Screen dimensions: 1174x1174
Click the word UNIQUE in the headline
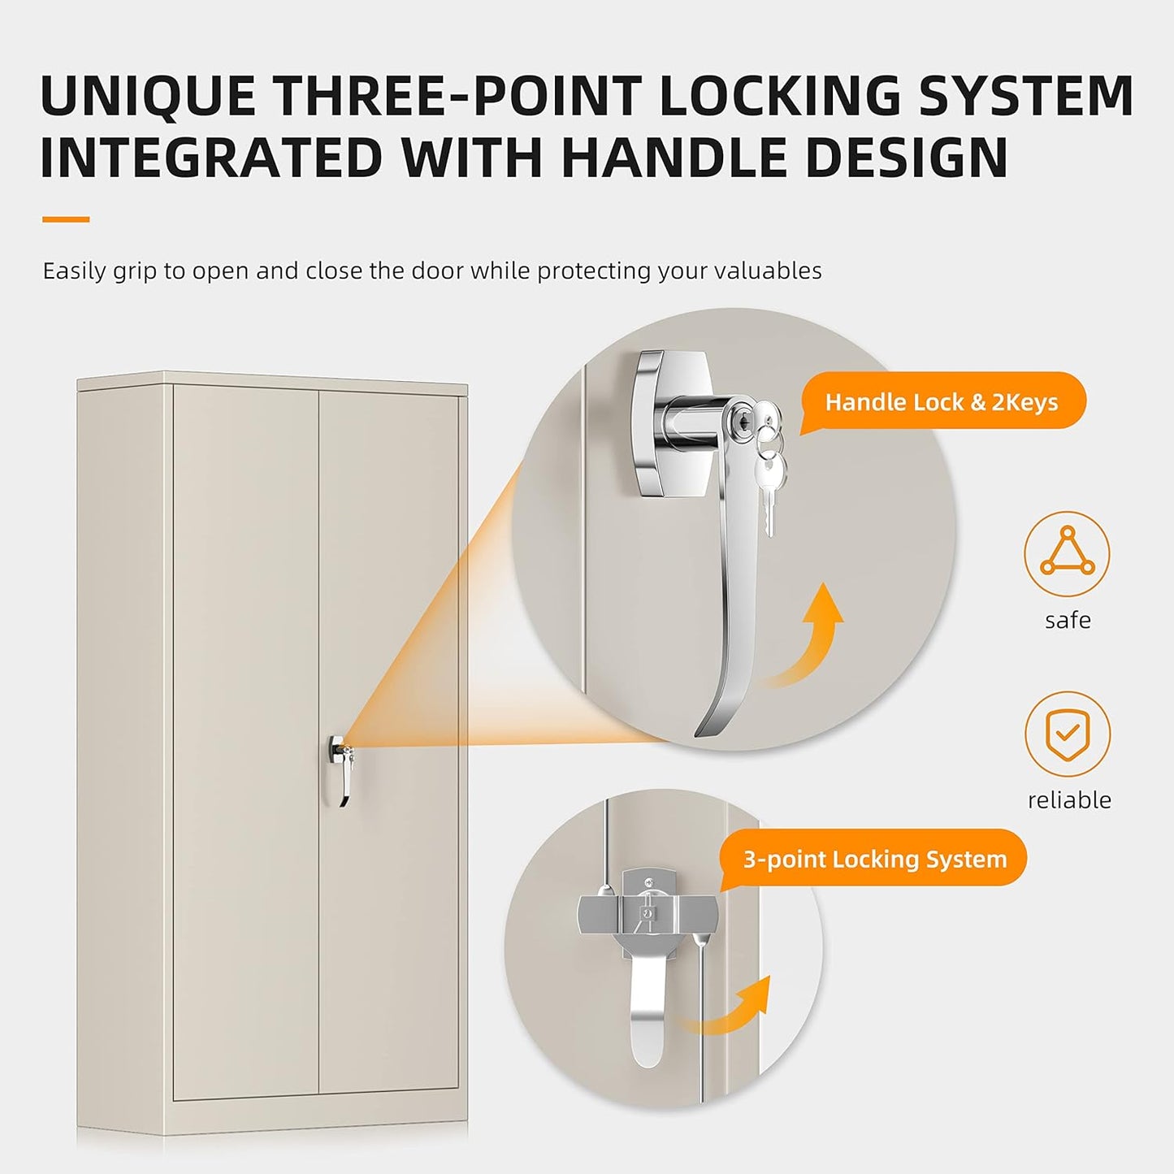pyautogui.click(x=148, y=97)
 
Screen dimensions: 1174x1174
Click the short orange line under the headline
pyautogui.click(x=66, y=219)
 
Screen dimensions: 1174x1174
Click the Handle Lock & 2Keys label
pyautogui.click(x=942, y=402)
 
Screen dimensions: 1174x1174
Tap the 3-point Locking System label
pyautogui.click(x=874, y=859)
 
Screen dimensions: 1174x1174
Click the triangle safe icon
pyautogui.click(x=1067, y=553)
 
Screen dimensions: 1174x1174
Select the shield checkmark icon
pyautogui.click(x=1067, y=734)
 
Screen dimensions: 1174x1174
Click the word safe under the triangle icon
pyautogui.click(x=1068, y=621)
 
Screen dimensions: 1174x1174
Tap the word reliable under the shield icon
pyautogui.click(x=1068, y=800)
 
